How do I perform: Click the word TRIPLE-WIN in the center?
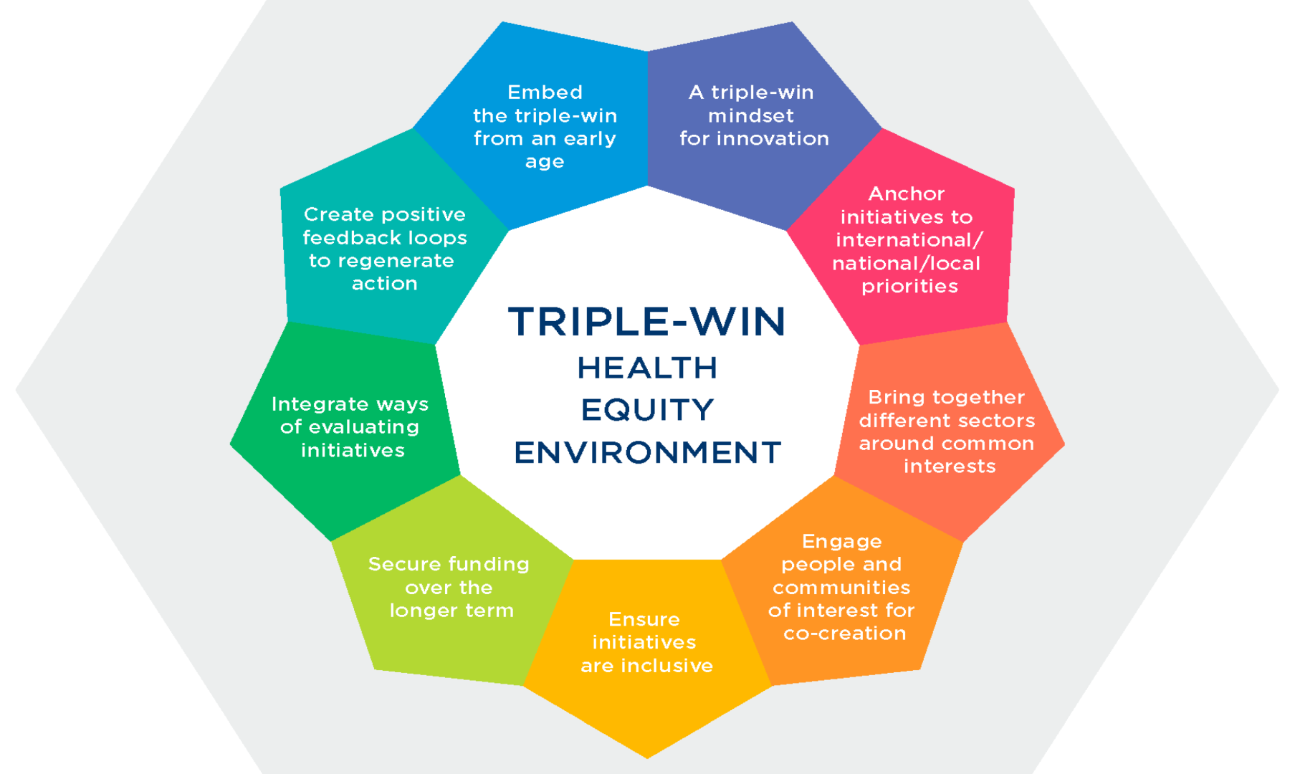(x=646, y=322)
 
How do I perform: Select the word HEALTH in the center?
(x=646, y=368)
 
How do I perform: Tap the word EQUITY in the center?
(x=646, y=410)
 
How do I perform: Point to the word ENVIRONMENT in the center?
(x=646, y=453)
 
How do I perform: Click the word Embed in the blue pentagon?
(x=545, y=92)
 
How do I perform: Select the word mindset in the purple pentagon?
(x=750, y=115)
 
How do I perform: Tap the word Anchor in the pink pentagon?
(x=906, y=194)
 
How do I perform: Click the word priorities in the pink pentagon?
(x=909, y=287)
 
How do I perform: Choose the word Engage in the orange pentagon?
(x=841, y=542)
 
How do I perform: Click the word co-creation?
(x=844, y=634)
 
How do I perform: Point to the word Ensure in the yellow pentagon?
(x=644, y=619)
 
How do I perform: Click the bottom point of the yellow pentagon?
(x=646, y=756)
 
